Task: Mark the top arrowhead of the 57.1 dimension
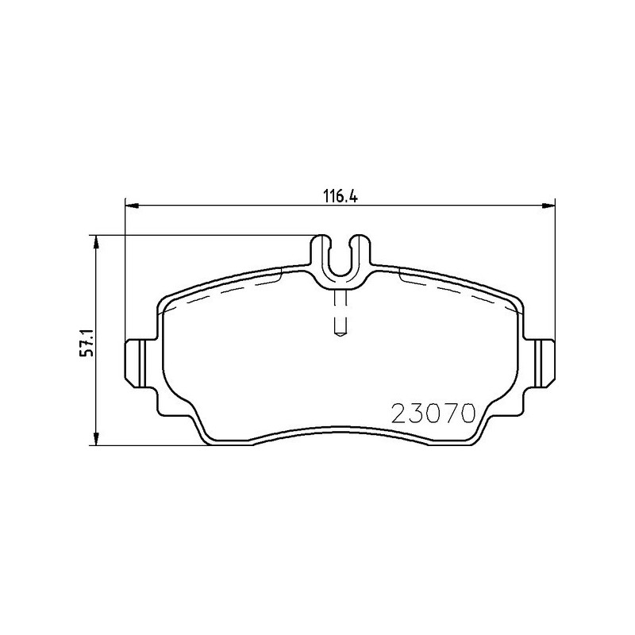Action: (96, 241)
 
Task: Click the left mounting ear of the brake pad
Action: (137, 363)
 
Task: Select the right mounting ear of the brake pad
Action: (544, 363)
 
